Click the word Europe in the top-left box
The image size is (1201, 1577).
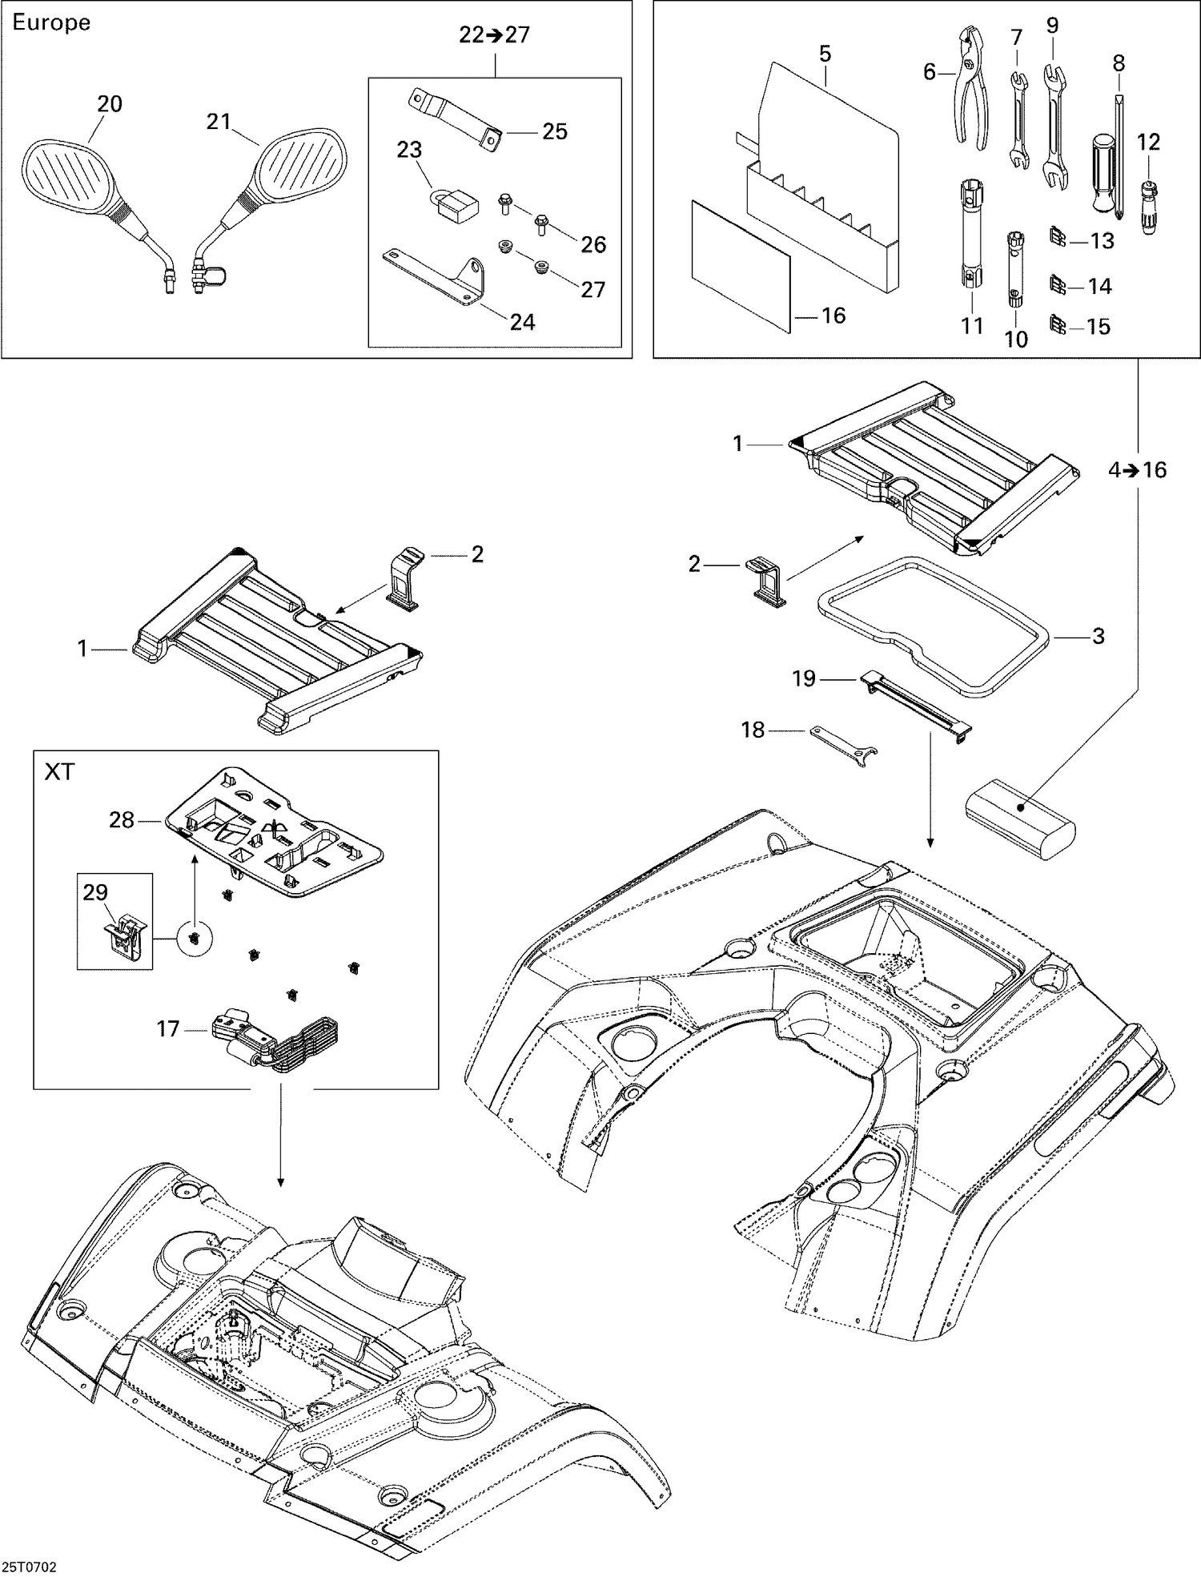(51, 22)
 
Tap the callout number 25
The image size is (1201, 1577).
(554, 131)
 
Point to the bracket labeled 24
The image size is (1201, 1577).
(436, 272)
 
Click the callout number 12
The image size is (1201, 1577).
(1147, 142)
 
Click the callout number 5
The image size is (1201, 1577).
(825, 54)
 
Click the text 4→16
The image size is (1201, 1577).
(1137, 470)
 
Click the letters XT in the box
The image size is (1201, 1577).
(59, 772)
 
